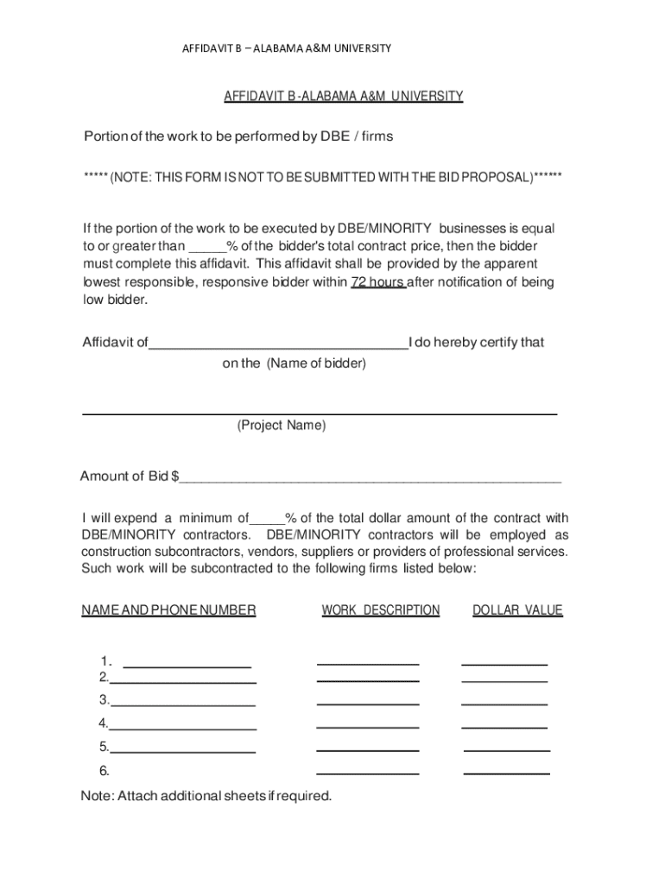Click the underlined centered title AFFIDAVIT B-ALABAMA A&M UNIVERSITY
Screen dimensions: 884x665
click(344, 97)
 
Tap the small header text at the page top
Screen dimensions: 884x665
click(286, 48)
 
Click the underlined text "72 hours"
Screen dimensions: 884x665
click(378, 282)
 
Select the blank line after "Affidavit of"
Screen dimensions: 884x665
click(279, 345)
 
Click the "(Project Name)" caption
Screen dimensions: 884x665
click(282, 426)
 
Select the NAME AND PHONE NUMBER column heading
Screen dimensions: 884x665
click(168, 610)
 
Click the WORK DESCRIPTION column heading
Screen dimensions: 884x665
click(381, 610)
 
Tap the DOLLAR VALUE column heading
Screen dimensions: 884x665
click(517, 610)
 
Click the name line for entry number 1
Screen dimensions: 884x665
click(187, 666)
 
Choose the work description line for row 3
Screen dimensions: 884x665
click(368, 704)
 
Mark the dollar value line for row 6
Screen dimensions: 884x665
click(507, 773)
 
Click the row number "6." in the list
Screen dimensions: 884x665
click(104, 770)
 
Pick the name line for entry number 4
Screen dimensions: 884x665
click(183, 728)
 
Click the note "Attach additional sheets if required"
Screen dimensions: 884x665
click(206, 796)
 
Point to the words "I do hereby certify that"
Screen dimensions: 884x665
click(477, 342)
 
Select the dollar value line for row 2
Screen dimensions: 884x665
click(504, 681)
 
